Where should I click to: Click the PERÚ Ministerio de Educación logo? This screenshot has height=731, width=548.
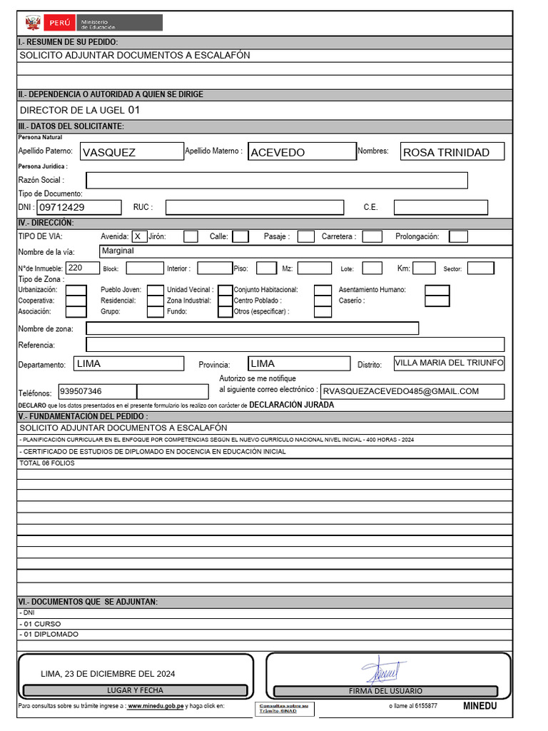tap(93, 23)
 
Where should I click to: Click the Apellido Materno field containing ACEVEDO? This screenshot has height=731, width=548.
tap(302, 151)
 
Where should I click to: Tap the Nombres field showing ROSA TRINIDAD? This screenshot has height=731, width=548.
tap(452, 151)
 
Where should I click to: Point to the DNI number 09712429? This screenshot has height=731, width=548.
tap(78, 207)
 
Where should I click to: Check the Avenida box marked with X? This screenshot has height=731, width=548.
tap(139, 236)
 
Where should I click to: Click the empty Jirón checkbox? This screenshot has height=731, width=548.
tap(191, 236)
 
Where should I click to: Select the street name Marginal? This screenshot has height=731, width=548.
tap(118, 251)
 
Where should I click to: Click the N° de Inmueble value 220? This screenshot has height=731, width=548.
tap(83, 268)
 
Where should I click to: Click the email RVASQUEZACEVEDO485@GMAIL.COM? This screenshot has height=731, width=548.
tap(412, 391)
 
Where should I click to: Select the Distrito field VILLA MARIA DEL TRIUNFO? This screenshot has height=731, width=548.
tap(449, 363)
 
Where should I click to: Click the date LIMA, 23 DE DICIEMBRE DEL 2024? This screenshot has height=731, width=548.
tap(108, 673)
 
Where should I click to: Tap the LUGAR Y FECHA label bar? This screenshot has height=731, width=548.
tap(135, 690)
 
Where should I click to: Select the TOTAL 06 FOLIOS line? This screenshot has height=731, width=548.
tap(48, 463)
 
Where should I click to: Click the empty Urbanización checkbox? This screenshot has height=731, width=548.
tap(76, 290)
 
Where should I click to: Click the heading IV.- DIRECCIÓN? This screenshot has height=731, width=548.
tap(46, 223)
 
